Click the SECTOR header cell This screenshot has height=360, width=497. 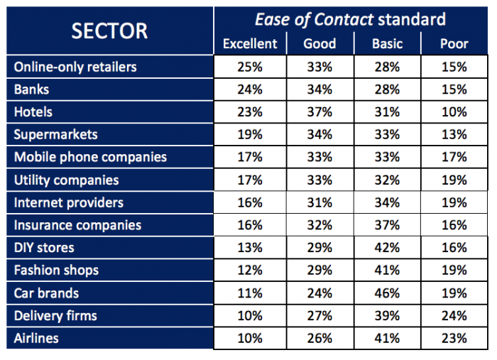109,31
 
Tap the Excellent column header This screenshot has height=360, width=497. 250,44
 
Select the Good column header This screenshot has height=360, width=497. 319,44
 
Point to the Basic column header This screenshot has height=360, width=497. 387,44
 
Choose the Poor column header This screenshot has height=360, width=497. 454,44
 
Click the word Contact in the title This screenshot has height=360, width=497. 344,19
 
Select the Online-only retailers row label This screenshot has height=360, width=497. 75,67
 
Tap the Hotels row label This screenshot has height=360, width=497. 33,112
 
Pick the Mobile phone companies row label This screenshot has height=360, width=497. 90,157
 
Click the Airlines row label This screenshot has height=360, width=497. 36,338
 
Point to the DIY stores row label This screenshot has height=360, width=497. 44,248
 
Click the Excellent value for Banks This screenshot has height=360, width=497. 250,89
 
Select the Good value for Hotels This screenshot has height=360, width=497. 319,112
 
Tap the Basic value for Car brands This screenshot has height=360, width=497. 387,293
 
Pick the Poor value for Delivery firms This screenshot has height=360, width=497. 454,316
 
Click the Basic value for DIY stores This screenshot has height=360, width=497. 387,248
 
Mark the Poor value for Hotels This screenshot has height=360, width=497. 454,112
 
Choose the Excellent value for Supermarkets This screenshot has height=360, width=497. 250,134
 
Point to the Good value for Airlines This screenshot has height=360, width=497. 319,338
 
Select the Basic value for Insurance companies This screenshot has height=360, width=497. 387,225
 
